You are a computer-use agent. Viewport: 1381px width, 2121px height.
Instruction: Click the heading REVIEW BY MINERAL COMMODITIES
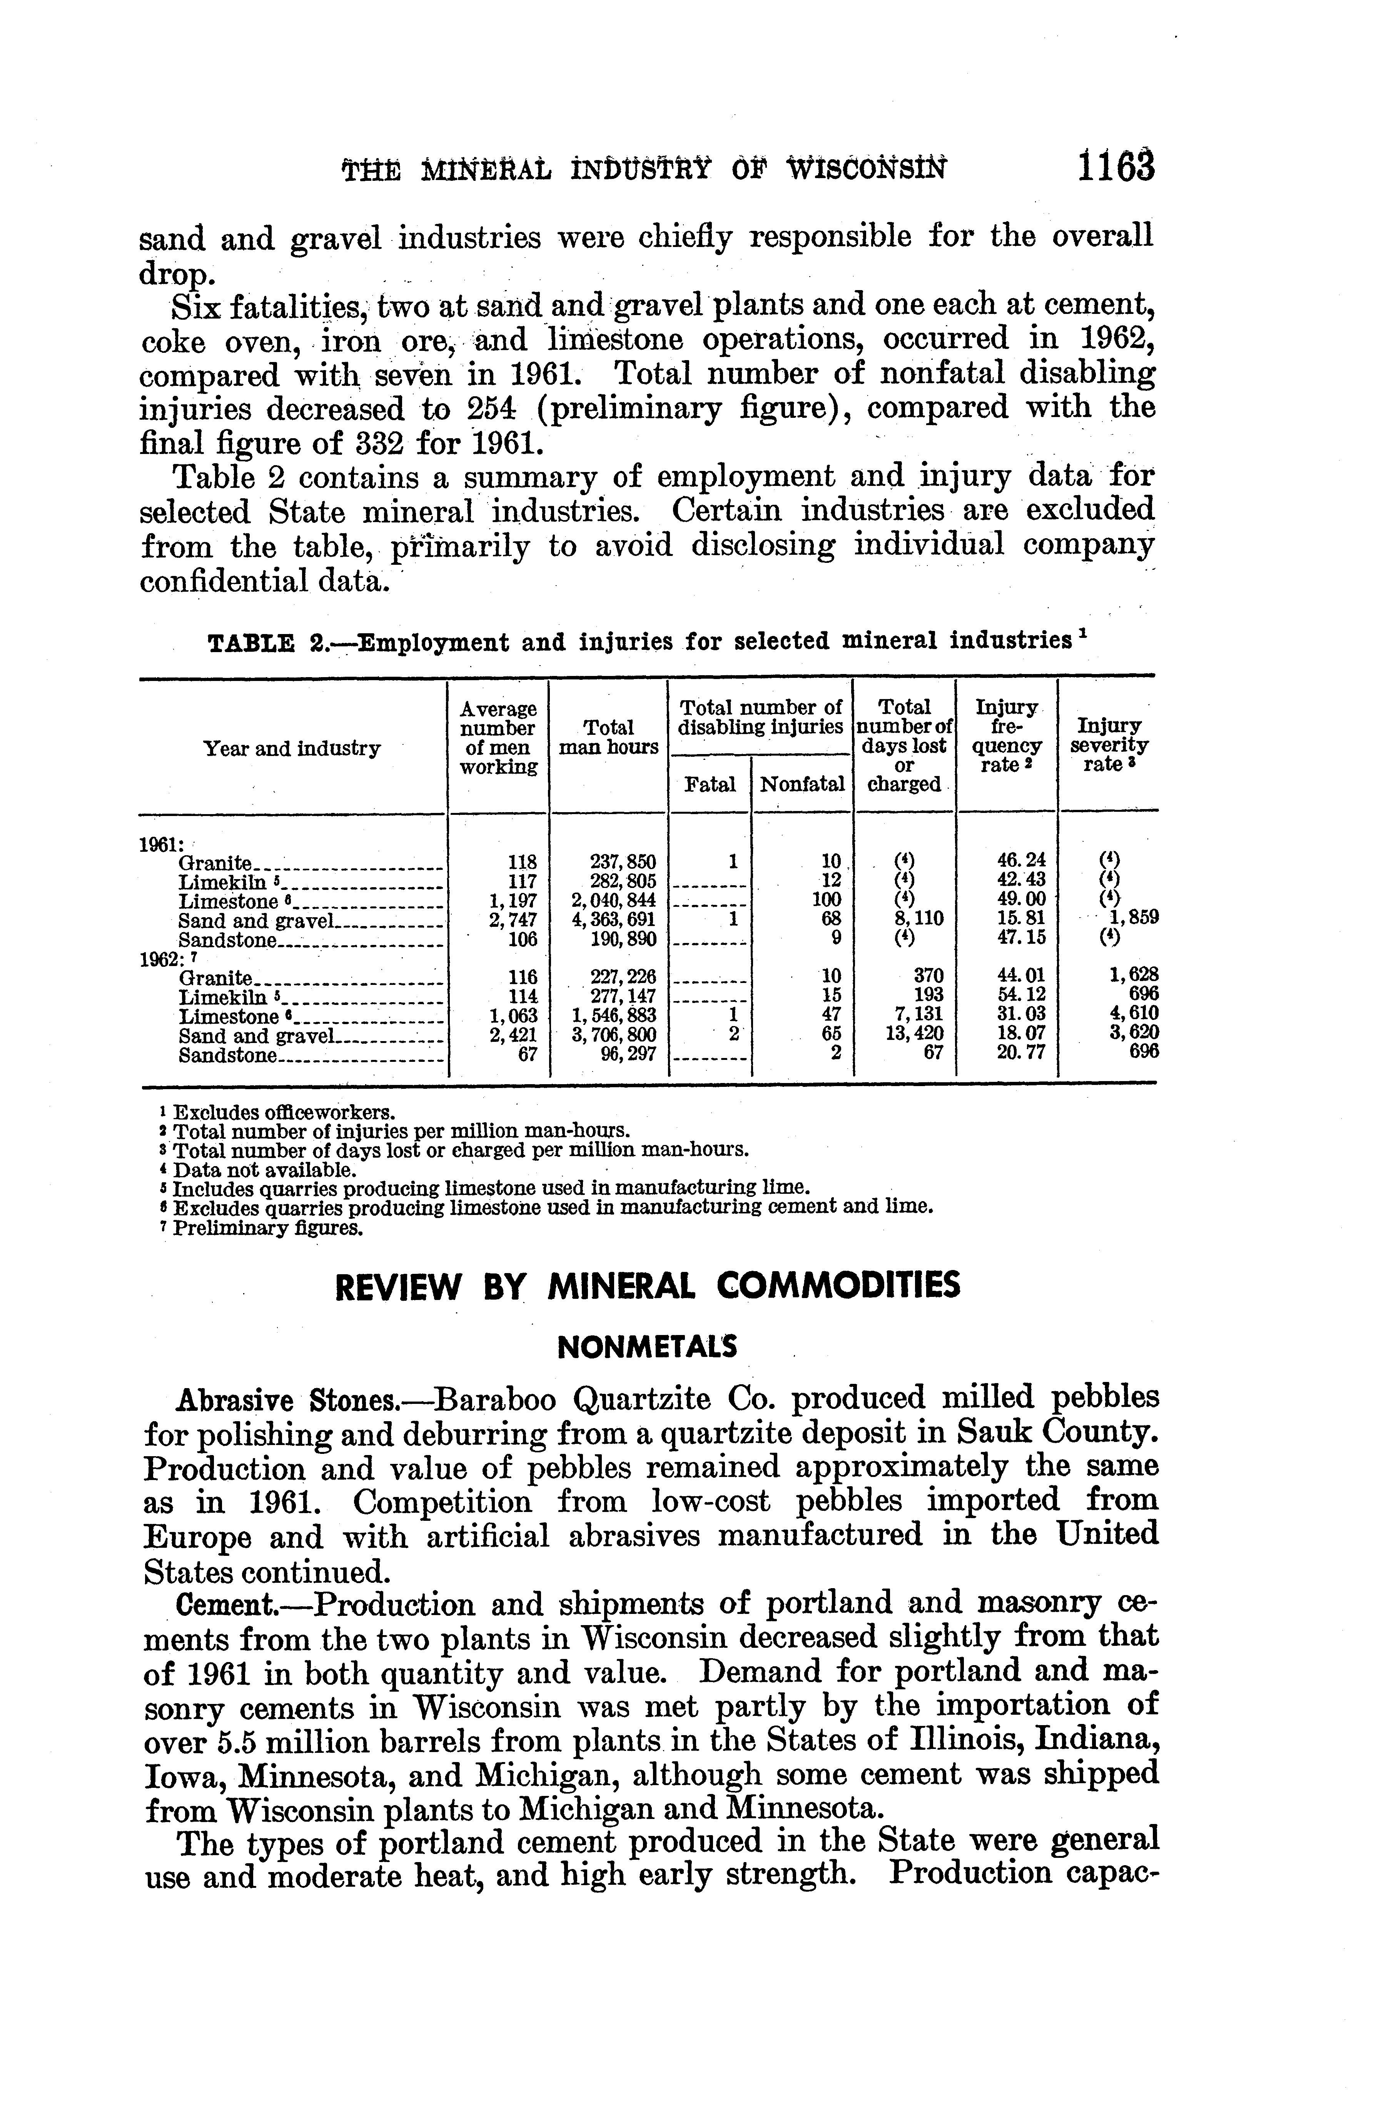[647, 1286]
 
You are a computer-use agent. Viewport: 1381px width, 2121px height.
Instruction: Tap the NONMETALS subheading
[647, 1347]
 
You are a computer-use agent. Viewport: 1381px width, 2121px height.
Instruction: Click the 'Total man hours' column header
[608, 738]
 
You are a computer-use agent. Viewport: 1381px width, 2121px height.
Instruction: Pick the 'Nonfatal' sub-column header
[802, 784]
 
